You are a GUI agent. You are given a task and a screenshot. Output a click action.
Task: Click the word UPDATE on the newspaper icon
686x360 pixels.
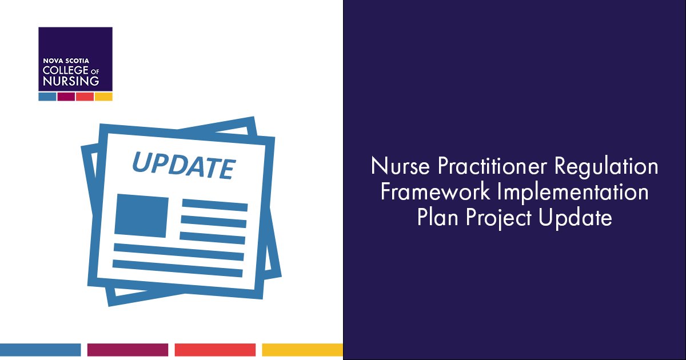point(183,163)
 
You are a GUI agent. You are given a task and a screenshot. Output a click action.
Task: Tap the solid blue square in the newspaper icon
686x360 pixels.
point(141,216)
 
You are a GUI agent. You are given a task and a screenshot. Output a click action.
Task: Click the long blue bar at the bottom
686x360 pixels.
point(40,350)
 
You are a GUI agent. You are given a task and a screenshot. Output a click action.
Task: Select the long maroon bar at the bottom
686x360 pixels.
point(127,350)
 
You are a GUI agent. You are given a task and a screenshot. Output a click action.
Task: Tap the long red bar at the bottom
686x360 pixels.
point(215,350)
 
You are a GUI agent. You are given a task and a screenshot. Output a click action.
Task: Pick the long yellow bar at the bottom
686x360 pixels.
point(302,350)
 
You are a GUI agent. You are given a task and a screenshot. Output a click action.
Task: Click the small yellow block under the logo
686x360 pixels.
point(103,97)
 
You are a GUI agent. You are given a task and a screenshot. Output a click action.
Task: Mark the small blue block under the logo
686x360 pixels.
point(47,97)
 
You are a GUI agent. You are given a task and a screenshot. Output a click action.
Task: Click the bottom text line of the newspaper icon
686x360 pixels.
point(178,265)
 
